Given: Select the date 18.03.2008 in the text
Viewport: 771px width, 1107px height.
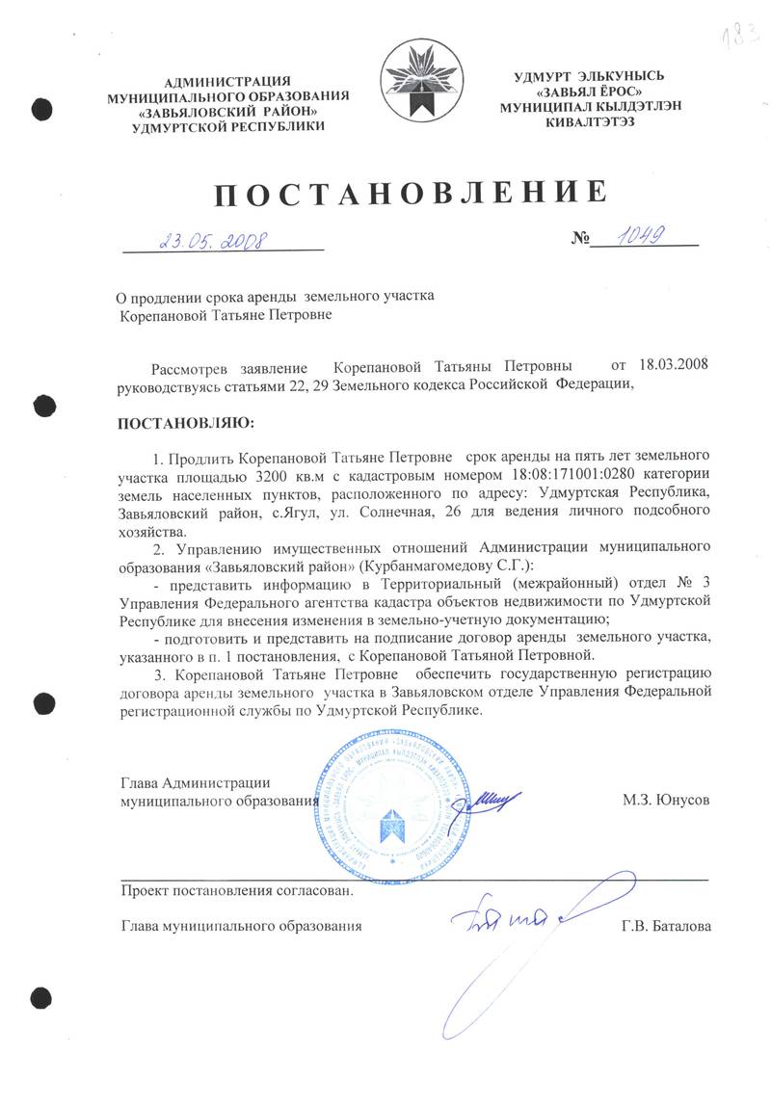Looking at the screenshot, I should tap(676, 367).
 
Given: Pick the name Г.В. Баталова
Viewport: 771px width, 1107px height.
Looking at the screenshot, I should tap(667, 926).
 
